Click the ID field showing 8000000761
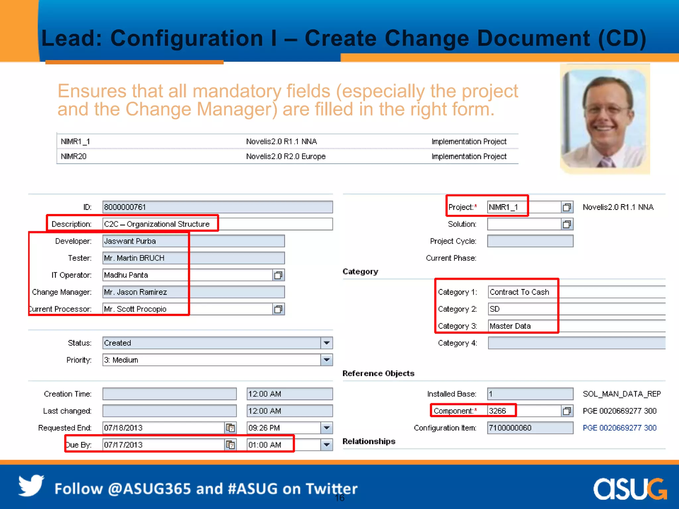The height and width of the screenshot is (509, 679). click(217, 207)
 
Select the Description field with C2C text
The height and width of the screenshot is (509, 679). click(217, 224)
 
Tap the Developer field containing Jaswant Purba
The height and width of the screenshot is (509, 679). click(193, 241)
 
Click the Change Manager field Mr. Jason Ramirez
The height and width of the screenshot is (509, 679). click(193, 292)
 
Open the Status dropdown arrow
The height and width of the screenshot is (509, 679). click(327, 343)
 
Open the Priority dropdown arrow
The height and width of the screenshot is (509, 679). click(327, 360)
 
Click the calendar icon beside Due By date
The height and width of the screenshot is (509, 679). click(230, 445)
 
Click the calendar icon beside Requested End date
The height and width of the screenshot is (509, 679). click(230, 428)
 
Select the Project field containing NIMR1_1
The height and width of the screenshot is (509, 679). click(524, 207)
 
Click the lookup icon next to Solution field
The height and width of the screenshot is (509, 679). click(567, 224)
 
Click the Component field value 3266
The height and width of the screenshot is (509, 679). click(524, 411)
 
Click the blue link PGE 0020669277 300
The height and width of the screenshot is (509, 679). click(619, 428)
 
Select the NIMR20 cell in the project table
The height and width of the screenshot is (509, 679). click(74, 156)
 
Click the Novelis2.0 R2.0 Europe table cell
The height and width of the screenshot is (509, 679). click(286, 156)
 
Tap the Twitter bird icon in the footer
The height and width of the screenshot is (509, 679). click(31, 486)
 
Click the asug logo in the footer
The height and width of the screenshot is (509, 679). click(630, 489)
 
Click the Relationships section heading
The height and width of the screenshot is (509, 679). click(369, 441)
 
